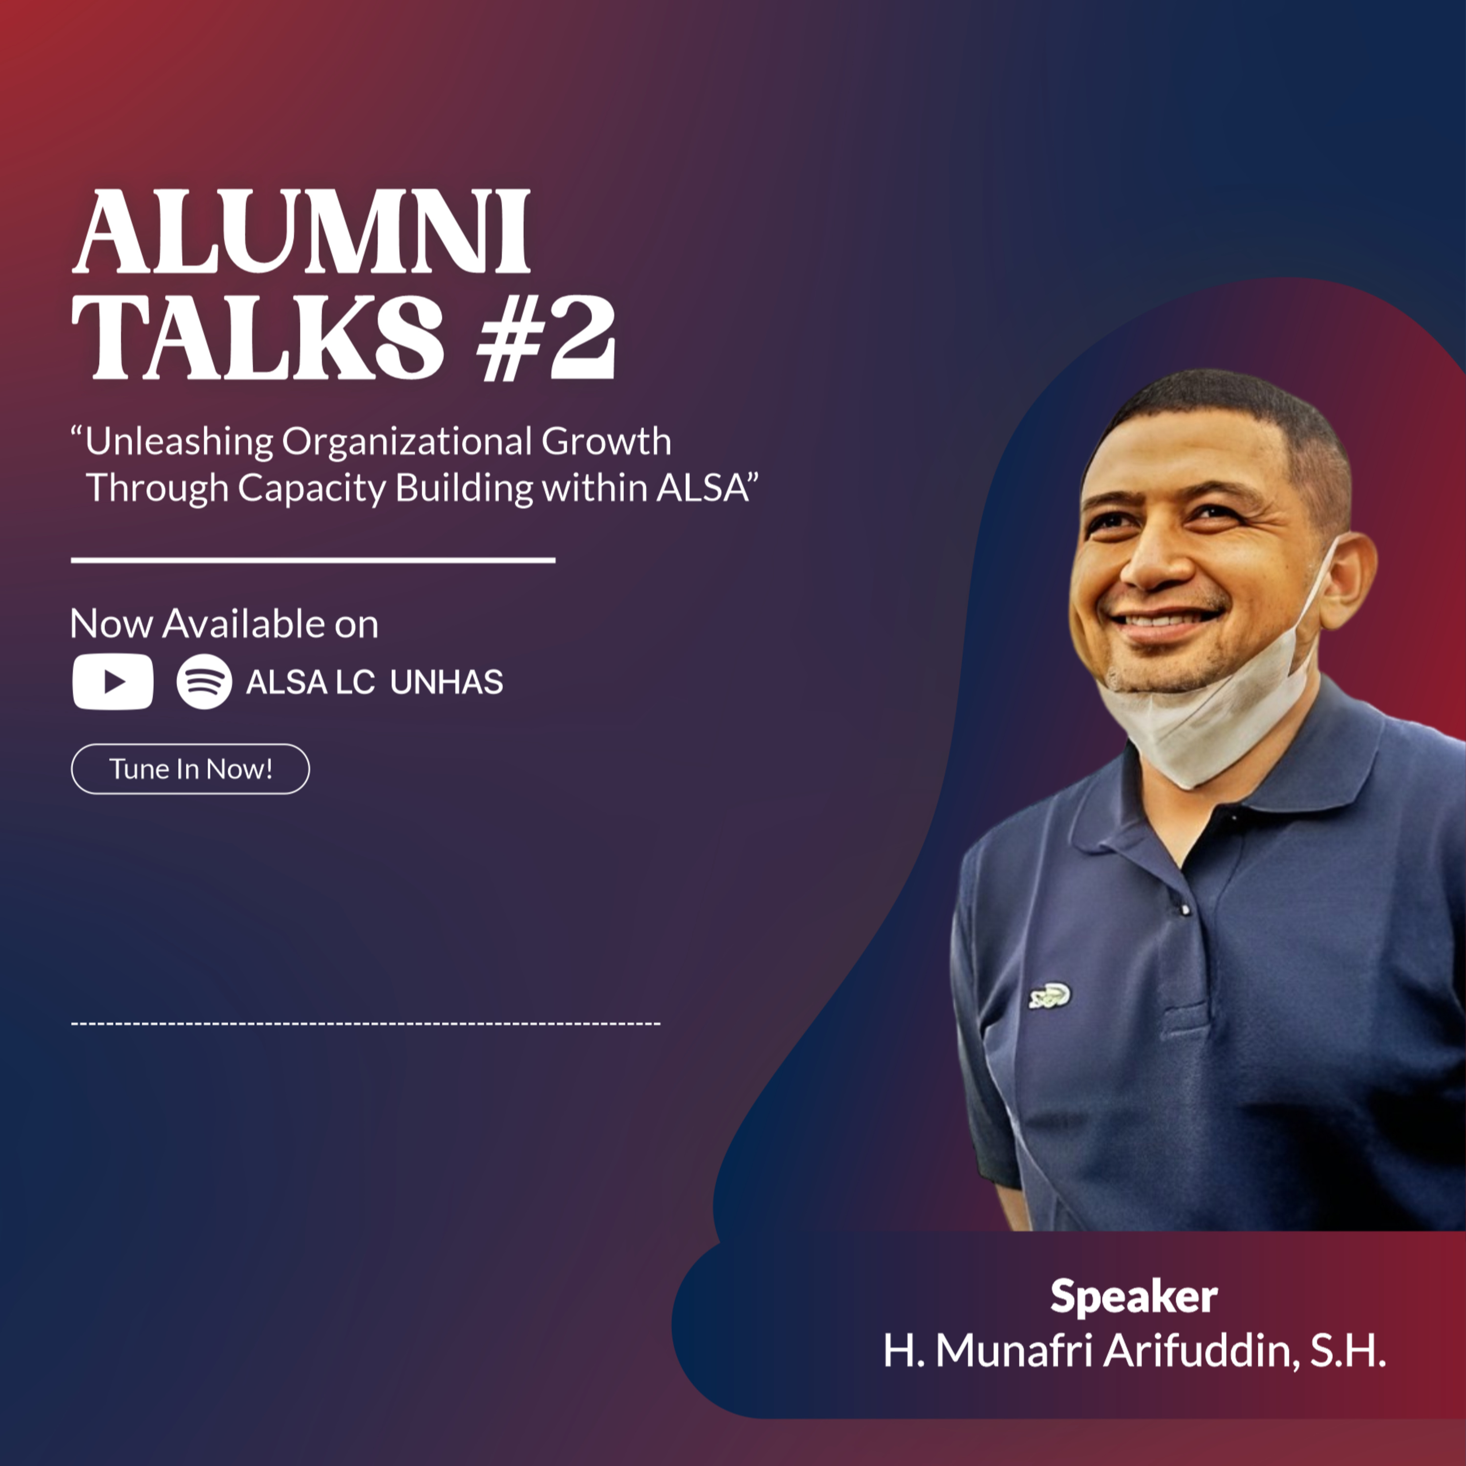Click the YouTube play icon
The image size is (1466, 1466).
pos(113,681)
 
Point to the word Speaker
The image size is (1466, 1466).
pos(1134,1297)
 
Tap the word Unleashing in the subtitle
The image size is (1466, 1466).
pos(179,442)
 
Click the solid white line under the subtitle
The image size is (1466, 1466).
pos(313,560)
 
